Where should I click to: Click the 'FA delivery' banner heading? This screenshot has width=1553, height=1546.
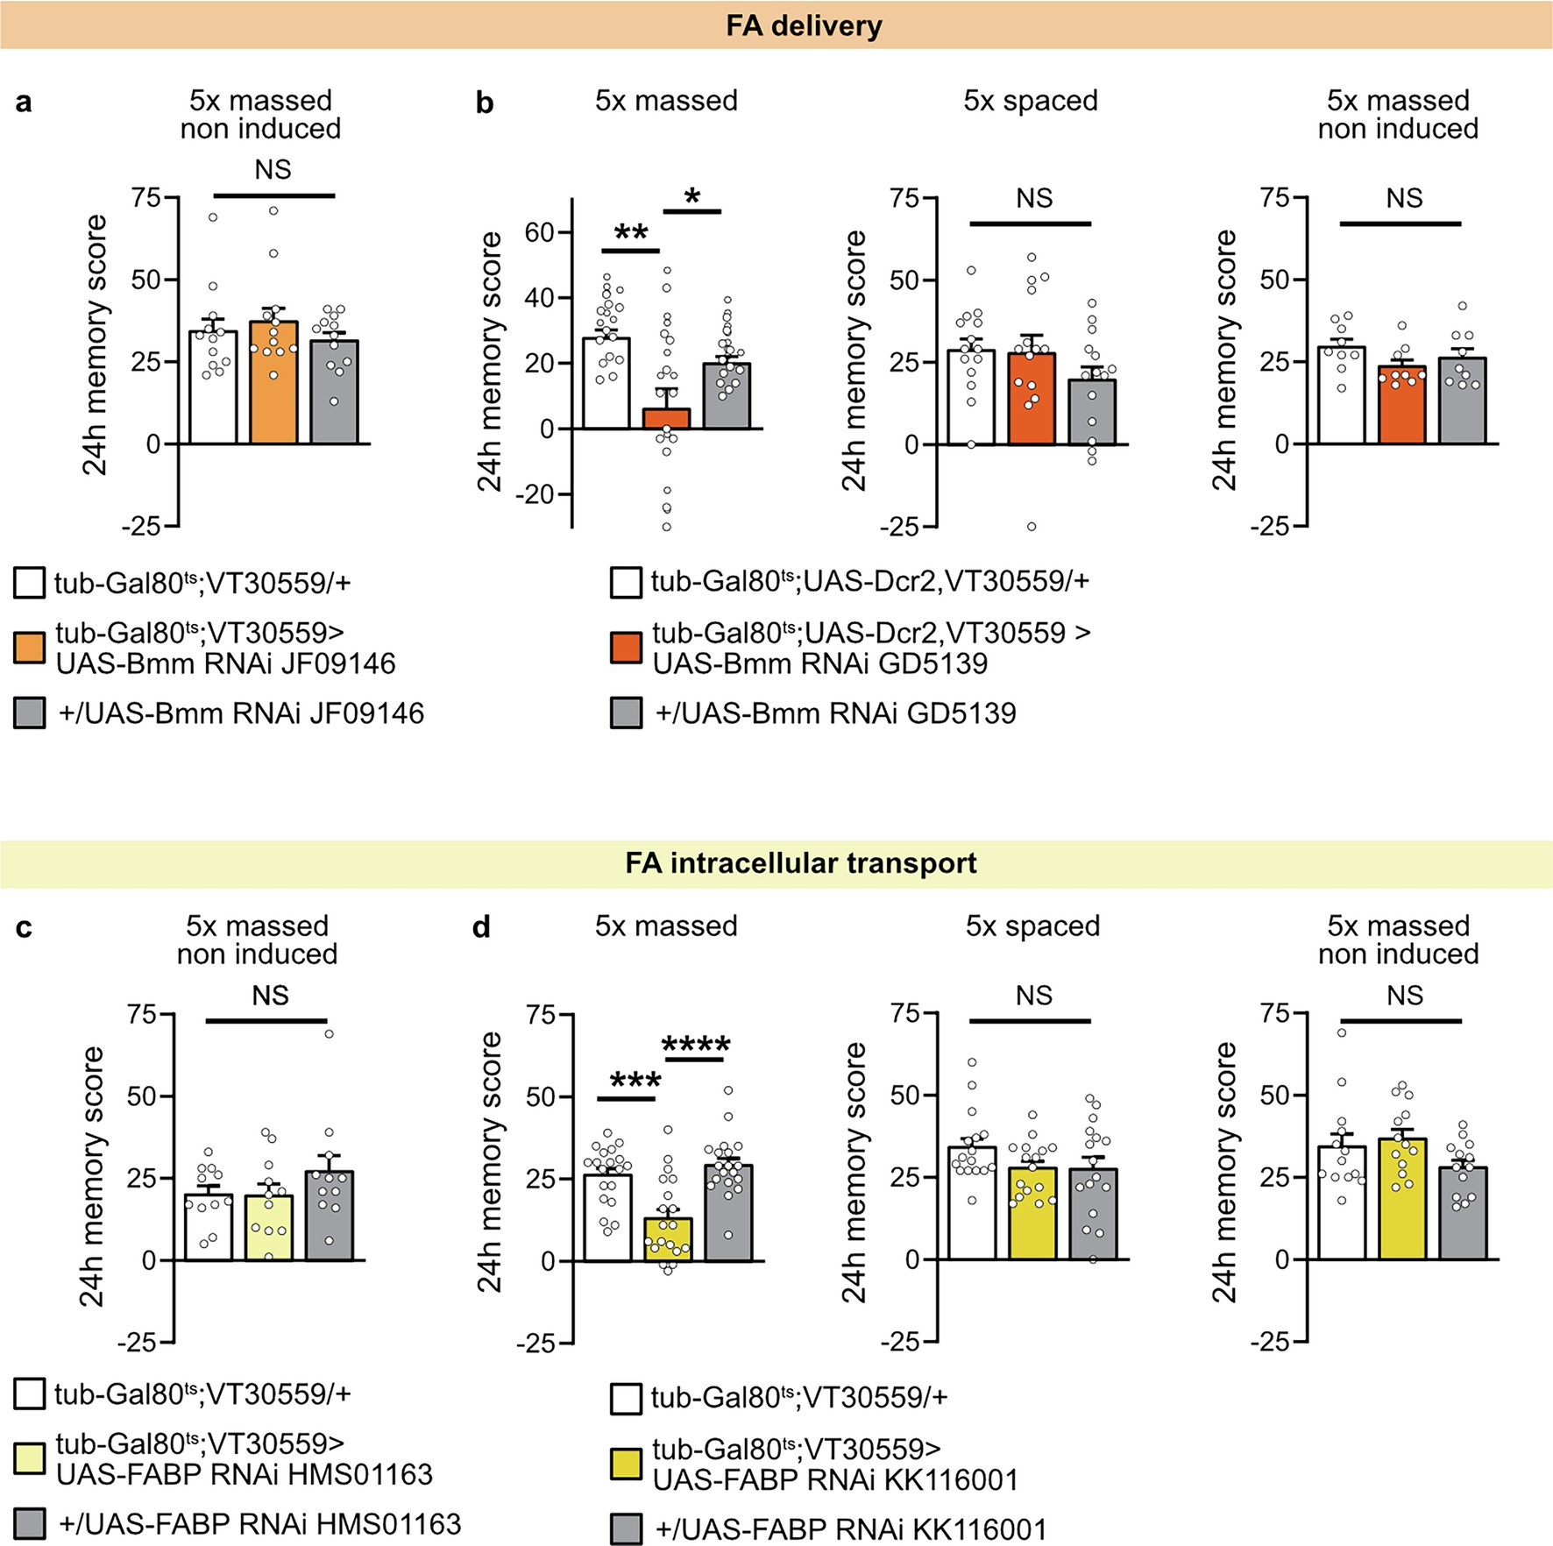tap(804, 25)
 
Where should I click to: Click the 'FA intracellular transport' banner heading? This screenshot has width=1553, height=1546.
tap(800, 863)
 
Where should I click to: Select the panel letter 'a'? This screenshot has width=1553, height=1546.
tap(24, 103)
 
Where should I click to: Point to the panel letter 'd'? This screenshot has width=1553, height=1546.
tap(481, 927)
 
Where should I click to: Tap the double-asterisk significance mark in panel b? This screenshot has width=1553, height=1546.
tap(631, 233)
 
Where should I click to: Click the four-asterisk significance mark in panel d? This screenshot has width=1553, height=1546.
tap(696, 1045)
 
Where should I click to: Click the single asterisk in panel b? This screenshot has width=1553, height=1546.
tap(692, 197)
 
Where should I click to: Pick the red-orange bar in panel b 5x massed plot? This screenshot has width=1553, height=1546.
tap(667, 419)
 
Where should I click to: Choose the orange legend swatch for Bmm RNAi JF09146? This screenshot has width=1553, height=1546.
tap(29, 649)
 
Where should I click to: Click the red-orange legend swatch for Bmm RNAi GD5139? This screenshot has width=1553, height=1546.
tap(626, 649)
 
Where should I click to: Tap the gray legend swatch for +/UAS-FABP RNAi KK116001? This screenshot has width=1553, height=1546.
tap(626, 1529)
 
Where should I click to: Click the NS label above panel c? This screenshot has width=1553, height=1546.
tap(270, 996)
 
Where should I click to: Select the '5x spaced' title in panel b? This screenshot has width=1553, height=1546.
tap(1031, 101)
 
